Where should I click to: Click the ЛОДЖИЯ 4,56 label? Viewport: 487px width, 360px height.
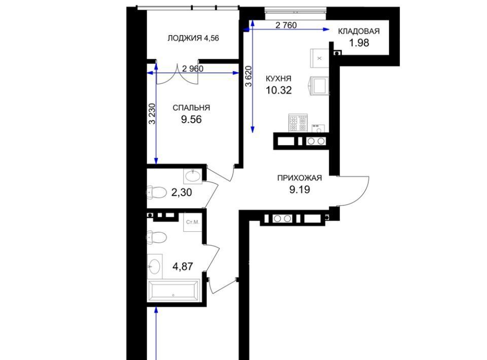tap(193, 38)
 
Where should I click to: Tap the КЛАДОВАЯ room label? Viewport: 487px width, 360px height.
tap(359, 31)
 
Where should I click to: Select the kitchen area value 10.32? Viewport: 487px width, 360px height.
tap(279, 90)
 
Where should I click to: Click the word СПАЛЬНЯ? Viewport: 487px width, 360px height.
tap(191, 107)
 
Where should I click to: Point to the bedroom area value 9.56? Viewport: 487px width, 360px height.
tap(191, 119)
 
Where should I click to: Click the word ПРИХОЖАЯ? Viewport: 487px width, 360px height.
tap(299, 178)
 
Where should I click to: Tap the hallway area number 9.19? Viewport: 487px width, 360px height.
tap(300, 189)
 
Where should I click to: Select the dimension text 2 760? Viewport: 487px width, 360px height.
tap(286, 25)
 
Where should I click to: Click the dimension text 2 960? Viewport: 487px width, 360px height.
tap(193, 68)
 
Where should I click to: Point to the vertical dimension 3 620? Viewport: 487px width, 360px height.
tap(249, 76)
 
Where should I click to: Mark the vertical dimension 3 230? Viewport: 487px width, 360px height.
tap(152, 114)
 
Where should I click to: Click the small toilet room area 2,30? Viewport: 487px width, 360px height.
tap(182, 192)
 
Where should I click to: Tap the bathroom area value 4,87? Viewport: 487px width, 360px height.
tap(183, 266)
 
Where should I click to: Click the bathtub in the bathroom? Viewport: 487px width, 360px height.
tap(173, 291)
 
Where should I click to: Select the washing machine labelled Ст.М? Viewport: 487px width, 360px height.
tap(193, 222)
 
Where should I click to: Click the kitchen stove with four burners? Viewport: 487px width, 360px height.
tap(298, 123)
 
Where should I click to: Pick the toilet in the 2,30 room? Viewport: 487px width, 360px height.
tap(157, 192)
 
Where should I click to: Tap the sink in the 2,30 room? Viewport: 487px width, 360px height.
tap(193, 176)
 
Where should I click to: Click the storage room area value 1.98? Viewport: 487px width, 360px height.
tap(359, 43)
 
